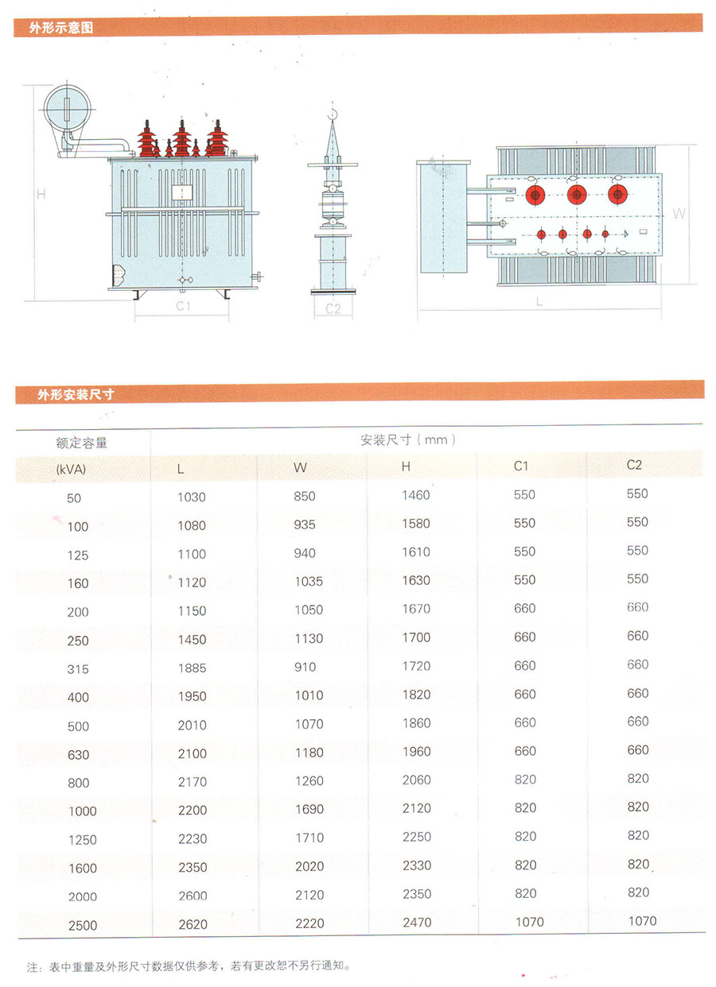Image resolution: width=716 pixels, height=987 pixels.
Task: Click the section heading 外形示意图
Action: coord(61,28)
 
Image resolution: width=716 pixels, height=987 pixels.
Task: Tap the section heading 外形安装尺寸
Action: coord(76,393)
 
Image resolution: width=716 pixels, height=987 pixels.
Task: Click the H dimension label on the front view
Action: coord(41,193)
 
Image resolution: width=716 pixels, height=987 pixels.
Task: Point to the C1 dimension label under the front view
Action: coord(182,306)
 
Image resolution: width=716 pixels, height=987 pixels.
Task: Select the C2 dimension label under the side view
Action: coord(333,308)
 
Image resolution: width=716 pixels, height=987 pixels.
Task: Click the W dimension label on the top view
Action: coord(679,213)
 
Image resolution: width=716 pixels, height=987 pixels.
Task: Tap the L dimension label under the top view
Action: coord(539,302)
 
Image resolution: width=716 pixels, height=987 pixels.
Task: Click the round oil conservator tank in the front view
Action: coord(67,107)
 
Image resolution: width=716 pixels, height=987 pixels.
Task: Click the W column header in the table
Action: coord(300,468)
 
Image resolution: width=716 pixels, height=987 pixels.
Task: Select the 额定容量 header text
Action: coord(82,443)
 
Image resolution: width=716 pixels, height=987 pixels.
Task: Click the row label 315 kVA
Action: coord(78,669)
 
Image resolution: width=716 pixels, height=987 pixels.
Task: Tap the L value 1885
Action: coord(191,668)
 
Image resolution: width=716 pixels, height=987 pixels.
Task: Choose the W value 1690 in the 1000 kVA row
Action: coord(309,809)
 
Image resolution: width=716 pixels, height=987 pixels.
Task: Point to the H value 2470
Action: coord(416,922)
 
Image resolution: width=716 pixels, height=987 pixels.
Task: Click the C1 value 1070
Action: coord(529,922)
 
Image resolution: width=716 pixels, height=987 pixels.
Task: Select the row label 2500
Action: coord(83,925)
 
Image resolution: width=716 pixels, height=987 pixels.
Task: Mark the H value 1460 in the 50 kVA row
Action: coord(415,495)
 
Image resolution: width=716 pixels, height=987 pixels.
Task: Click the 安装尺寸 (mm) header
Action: coord(408,439)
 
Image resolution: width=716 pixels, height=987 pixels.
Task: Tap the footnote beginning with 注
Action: coord(188,967)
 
